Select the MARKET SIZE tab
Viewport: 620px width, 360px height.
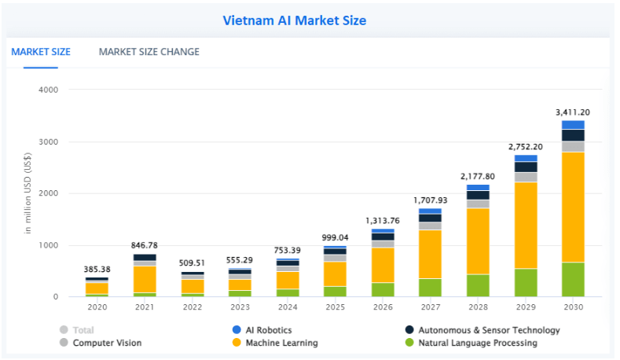click(x=41, y=52)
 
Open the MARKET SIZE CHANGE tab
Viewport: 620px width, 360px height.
click(x=149, y=52)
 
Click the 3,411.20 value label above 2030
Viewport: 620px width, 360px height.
click(x=572, y=112)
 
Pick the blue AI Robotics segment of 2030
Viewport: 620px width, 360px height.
click(x=572, y=124)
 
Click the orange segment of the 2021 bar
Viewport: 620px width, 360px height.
click(x=144, y=278)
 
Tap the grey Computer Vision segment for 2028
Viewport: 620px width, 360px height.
click(x=478, y=204)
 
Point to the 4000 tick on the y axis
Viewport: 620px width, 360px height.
click(x=48, y=90)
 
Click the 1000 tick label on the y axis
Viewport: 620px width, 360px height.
click(x=48, y=245)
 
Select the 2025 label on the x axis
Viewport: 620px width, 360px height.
click(x=335, y=307)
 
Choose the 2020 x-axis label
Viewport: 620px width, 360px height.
click(x=97, y=307)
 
